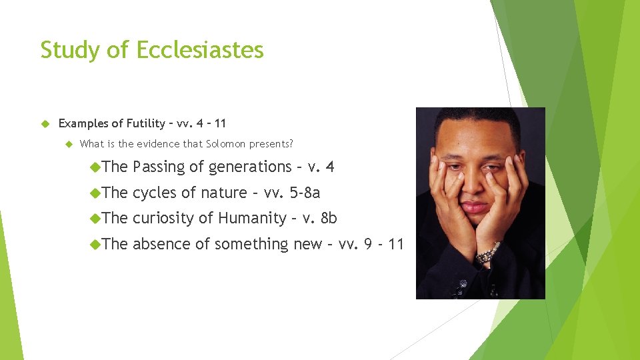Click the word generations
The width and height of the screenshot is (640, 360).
point(251,167)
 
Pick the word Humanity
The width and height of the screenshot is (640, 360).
point(251,218)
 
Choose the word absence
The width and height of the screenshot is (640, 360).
point(161,244)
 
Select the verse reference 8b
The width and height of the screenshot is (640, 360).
point(329,218)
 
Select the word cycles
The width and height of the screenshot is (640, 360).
point(156,193)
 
